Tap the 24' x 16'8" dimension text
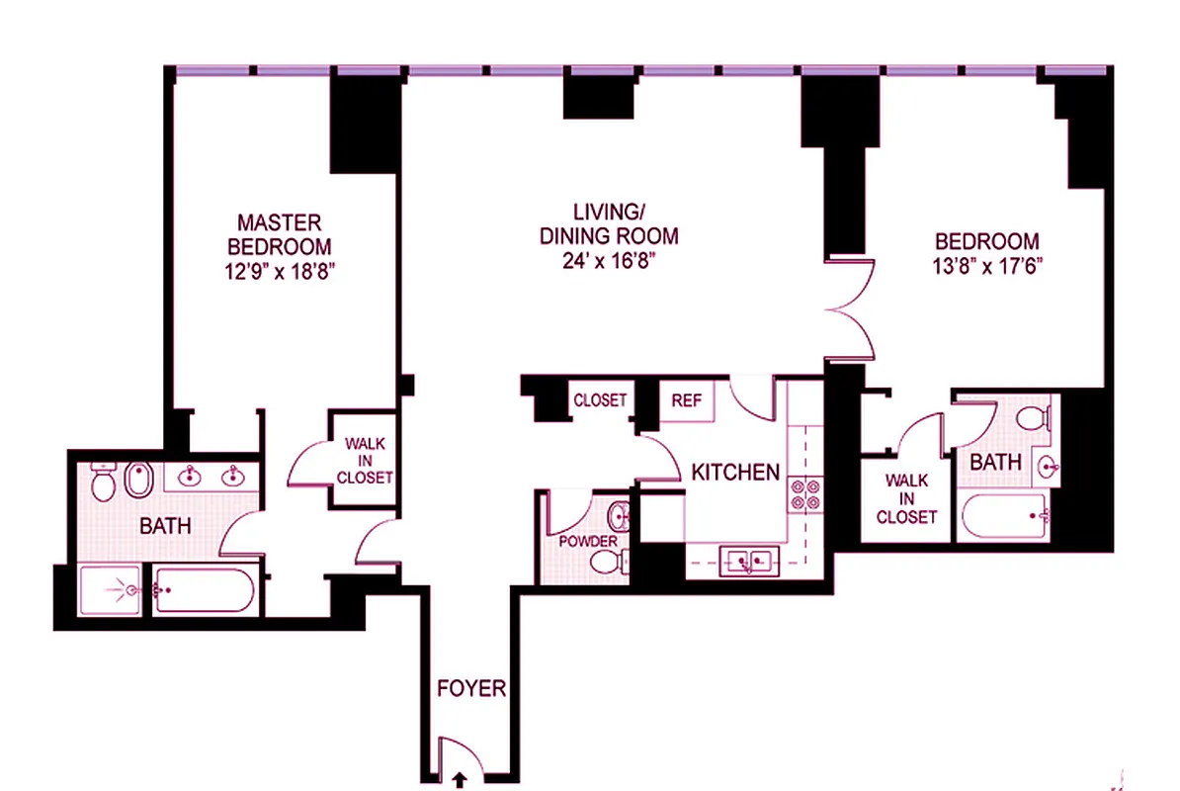tap(608, 261)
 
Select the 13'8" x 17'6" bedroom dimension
tap(987, 266)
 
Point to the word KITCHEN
tap(734, 473)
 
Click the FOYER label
tap(471, 689)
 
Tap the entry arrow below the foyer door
tap(460, 780)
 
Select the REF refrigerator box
tap(686, 400)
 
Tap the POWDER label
tap(588, 542)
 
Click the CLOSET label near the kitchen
tap(600, 400)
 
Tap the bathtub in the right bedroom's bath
tap(1006, 515)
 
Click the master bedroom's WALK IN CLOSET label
tap(364, 461)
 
